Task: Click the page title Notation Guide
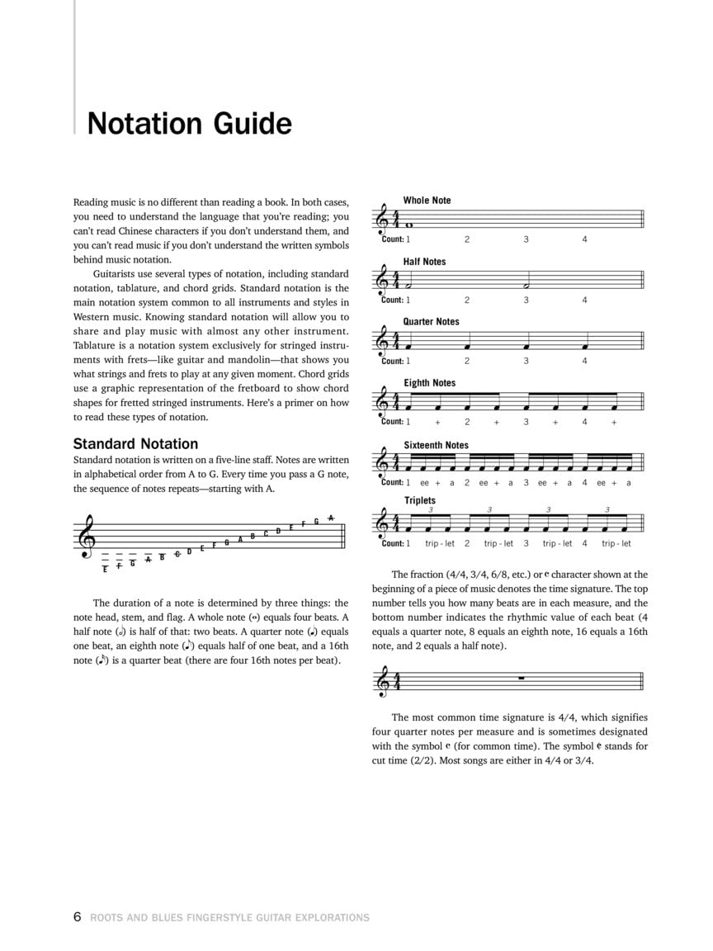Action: [189, 124]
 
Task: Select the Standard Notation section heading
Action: [135, 443]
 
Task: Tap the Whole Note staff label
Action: [427, 201]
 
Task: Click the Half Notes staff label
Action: [424, 262]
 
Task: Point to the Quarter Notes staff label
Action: [431, 322]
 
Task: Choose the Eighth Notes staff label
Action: [429, 383]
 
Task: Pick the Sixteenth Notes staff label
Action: [436, 445]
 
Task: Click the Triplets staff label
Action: [419, 500]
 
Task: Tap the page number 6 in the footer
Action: [78, 916]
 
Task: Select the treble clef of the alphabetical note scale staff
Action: [87, 536]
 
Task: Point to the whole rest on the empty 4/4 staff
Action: [521, 679]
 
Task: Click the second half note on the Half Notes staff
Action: [526, 286]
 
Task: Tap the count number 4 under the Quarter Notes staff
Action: [584, 361]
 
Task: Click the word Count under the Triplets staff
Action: [392, 543]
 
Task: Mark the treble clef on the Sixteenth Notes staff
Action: [382, 464]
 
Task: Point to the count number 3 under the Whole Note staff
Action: [526, 239]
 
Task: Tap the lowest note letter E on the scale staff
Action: [105, 570]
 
